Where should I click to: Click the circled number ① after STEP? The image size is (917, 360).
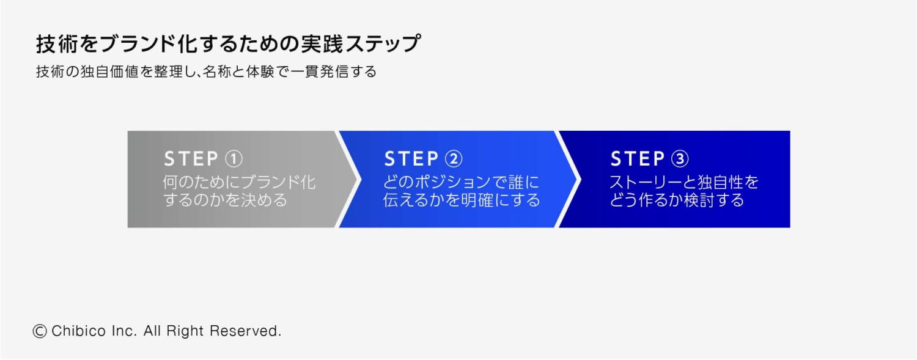(234, 159)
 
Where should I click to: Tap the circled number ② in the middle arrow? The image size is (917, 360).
(454, 159)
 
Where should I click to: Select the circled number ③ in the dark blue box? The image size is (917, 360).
(680, 159)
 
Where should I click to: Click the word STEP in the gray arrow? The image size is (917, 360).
(191, 159)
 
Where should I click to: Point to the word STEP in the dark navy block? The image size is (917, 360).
(638, 159)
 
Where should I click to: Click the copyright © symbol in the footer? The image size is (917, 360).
(40, 331)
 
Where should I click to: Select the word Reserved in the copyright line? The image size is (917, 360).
(246, 331)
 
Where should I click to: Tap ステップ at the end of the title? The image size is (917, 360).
(383, 44)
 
